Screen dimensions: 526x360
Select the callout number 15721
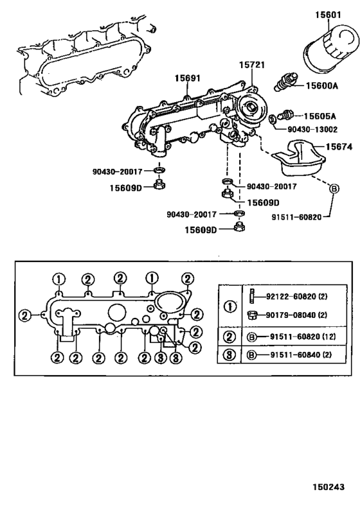tap(253, 65)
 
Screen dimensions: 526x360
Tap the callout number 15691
tap(189, 78)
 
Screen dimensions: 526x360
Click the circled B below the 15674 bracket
tap(334, 189)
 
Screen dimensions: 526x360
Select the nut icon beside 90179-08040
tap(253, 315)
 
